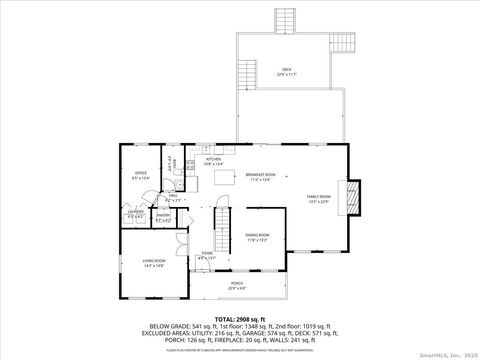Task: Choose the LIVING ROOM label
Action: (x=154, y=262)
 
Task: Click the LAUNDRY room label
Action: (x=136, y=213)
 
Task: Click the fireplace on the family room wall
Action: (x=351, y=197)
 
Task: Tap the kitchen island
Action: (x=222, y=179)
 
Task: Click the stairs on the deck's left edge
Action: (x=247, y=73)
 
